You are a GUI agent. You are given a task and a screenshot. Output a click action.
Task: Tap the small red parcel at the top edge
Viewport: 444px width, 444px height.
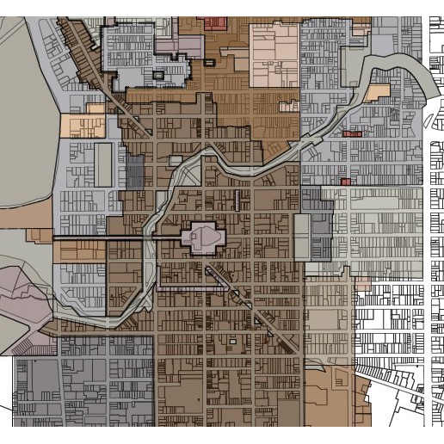click(214, 22)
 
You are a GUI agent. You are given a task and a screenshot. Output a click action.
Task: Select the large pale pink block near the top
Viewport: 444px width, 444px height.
click(274, 55)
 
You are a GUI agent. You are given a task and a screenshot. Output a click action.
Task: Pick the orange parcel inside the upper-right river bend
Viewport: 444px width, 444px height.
click(377, 92)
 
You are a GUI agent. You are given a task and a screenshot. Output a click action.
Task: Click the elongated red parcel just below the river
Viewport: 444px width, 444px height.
click(352, 134)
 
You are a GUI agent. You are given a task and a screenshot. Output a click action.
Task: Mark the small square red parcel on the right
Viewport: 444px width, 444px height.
click(345, 182)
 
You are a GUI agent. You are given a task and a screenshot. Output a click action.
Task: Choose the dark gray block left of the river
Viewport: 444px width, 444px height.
click(135, 172)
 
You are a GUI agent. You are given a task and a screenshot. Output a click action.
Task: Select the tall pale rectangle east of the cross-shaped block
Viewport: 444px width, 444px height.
click(301, 237)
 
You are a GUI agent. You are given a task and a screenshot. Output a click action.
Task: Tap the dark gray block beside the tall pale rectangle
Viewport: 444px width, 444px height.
click(321, 228)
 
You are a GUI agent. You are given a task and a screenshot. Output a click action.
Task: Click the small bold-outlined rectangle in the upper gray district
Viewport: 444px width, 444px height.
click(157, 76)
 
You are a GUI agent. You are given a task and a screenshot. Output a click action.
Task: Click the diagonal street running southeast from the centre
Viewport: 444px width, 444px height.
click(258, 310)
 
